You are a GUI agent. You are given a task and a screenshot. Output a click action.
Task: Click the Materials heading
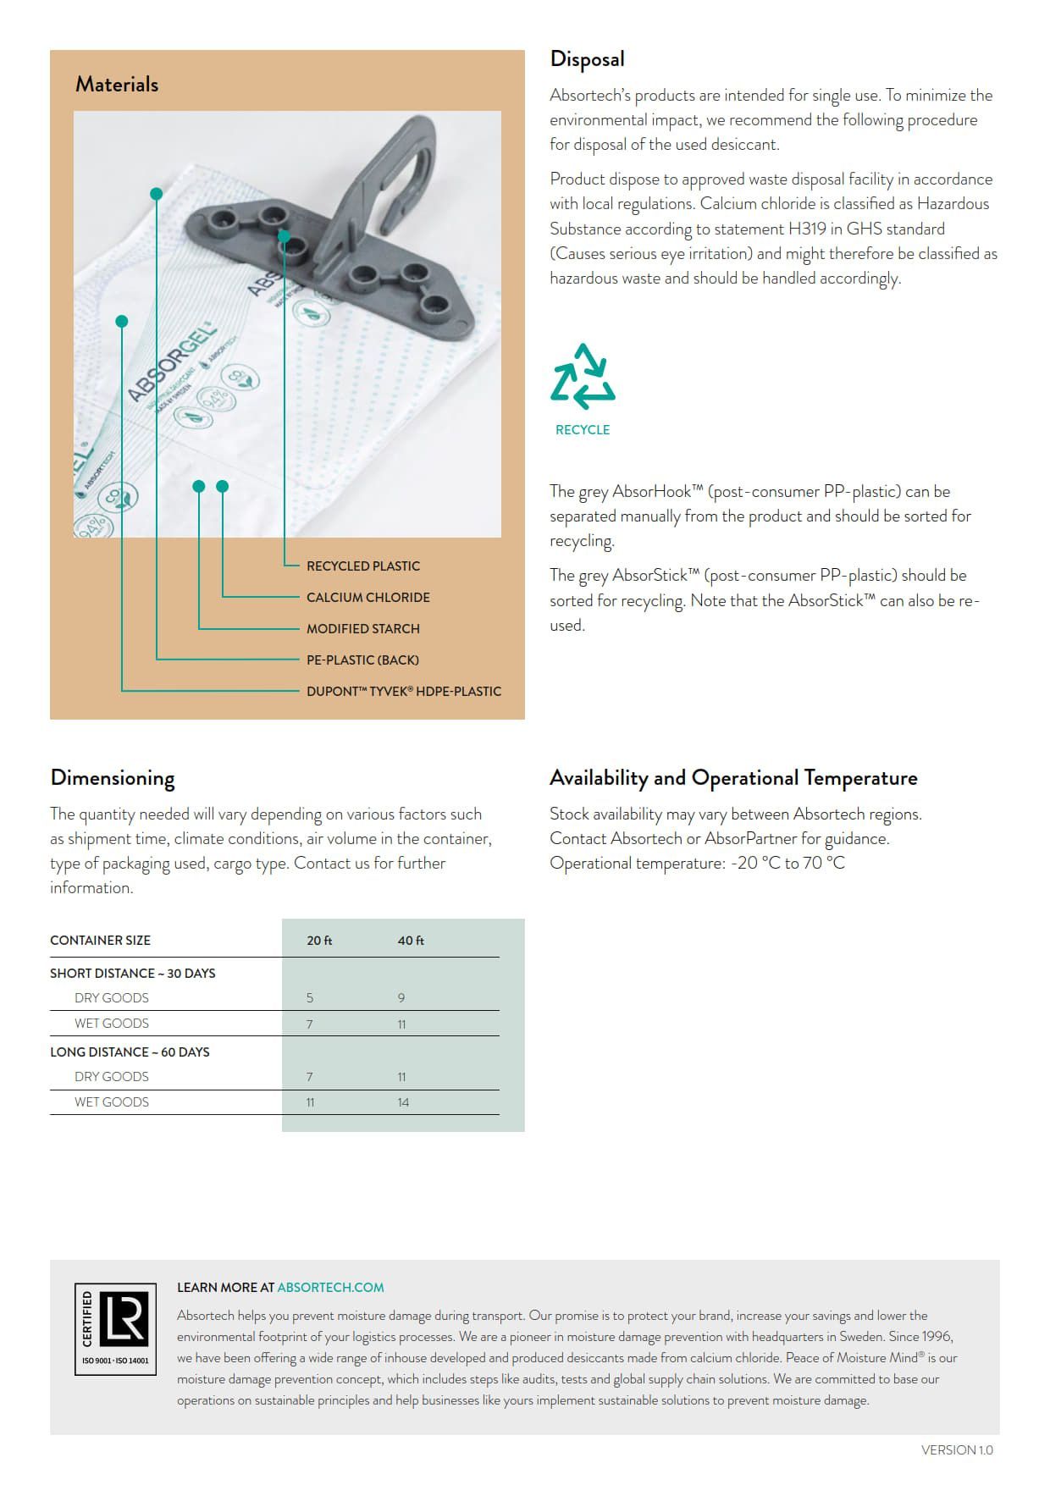coord(117,85)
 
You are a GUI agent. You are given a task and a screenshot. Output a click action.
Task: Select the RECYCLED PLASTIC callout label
coord(362,566)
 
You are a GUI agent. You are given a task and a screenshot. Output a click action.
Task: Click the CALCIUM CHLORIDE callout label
coord(367,597)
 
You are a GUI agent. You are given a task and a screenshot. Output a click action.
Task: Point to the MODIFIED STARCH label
coord(362,628)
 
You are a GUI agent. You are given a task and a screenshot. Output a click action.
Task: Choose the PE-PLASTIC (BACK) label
coord(362,660)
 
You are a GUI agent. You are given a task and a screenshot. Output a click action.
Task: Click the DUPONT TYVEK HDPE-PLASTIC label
coord(403,691)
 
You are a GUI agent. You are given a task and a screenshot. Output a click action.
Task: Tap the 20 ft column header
coord(319,941)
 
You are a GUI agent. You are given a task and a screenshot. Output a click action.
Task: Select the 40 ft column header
coord(411,941)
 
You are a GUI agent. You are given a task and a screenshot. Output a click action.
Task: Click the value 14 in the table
coord(403,1102)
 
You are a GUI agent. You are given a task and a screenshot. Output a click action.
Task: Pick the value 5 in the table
coord(310,998)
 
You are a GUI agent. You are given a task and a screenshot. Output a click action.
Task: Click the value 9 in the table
coord(401,998)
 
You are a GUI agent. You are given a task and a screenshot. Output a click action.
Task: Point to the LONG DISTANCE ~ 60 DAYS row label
coord(130,1052)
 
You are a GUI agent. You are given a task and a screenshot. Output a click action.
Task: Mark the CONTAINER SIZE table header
coord(100,941)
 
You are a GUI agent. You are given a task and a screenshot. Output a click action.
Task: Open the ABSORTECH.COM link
coord(330,1288)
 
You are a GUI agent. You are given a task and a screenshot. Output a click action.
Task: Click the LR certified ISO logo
coord(116,1328)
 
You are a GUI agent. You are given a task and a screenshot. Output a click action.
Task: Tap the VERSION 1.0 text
coord(957,1450)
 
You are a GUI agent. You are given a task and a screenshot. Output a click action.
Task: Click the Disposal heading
coord(587,59)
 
